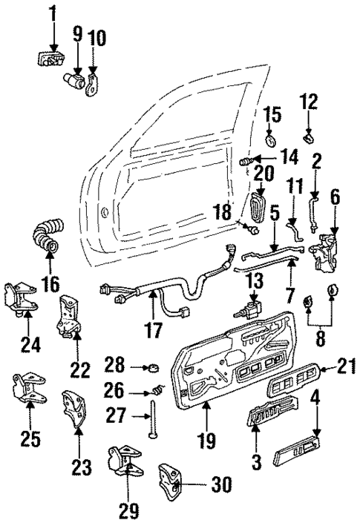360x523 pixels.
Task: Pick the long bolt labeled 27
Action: (155, 419)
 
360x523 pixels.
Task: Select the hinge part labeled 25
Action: (27, 389)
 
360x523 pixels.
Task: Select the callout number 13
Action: (255, 280)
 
